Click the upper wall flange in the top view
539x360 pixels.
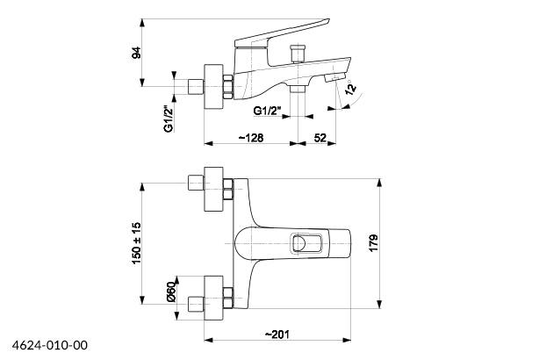point(213,187)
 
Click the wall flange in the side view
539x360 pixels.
point(213,86)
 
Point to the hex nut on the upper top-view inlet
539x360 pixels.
point(229,187)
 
